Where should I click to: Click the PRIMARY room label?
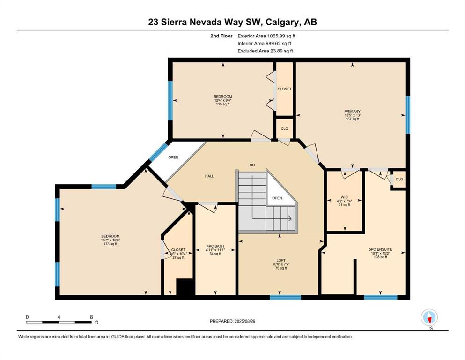coord(352,111)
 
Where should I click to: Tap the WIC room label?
coord(344,197)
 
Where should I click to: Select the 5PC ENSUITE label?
coord(381,249)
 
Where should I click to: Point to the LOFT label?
coord(281,260)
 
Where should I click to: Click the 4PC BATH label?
coord(215,246)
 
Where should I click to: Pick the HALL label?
coord(209,176)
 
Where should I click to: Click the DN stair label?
coord(252,165)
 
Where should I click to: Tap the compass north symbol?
coord(429,318)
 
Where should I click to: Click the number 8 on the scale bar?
coord(91,317)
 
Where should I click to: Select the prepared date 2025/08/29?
coord(244,321)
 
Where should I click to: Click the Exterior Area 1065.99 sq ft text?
coord(266,36)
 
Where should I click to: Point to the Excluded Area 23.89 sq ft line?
coord(265,51)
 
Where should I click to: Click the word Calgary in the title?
coord(283,22)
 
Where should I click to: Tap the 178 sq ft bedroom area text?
coord(110,244)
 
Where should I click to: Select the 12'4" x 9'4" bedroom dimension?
coord(223,100)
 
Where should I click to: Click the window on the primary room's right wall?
coord(408,115)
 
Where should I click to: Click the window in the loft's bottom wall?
coord(285,297)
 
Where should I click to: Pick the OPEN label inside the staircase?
coord(277,198)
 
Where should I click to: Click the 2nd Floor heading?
coord(221,36)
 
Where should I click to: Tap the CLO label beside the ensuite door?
coord(399,179)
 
